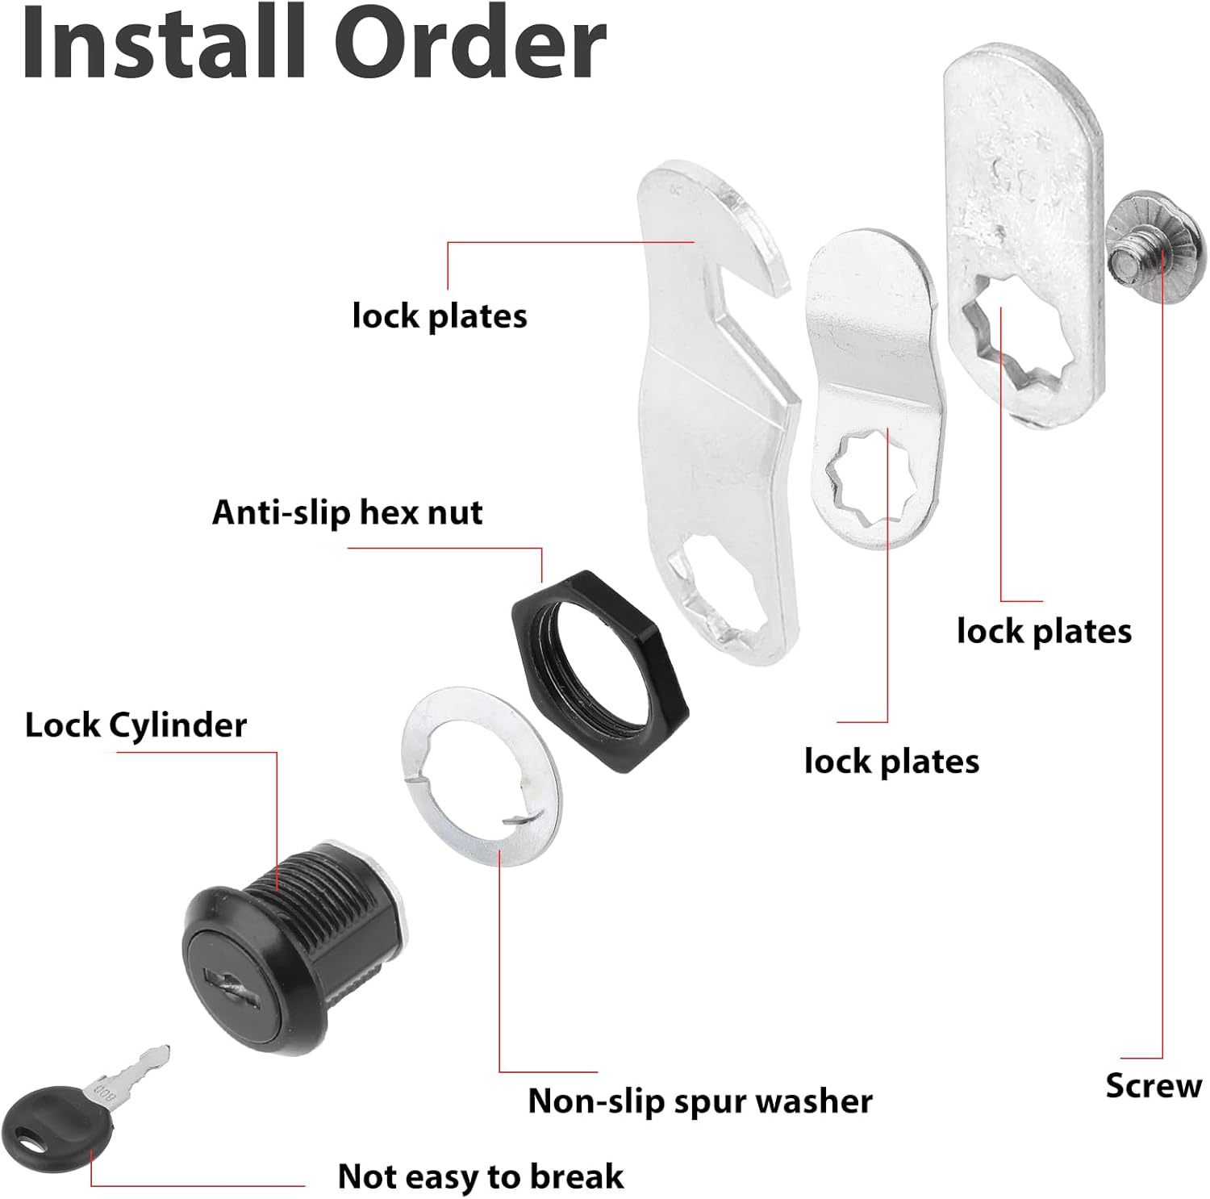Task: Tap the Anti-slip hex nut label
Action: pyautogui.click(x=347, y=513)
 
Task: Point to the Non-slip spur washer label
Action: pyautogui.click(x=700, y=1101)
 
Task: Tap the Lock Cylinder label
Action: pyautogui.click(x=136, y=725)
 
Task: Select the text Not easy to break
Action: pyautogui.click(x=481, y=1176)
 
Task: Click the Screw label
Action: pyautogui.click(x=1154, y=1086)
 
